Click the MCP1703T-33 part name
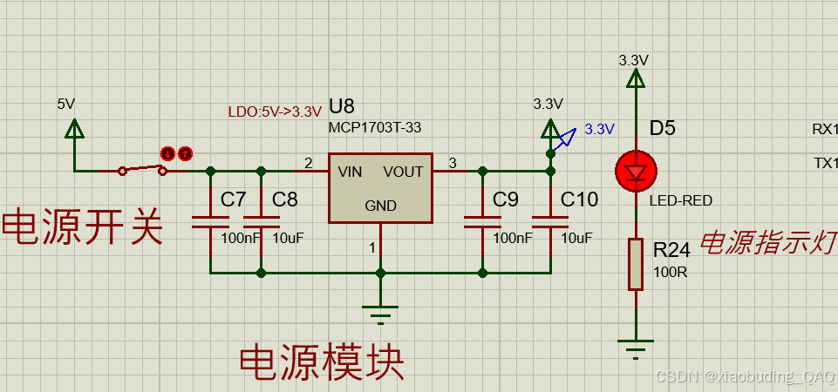pos(375,127)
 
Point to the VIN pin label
pos(351,172)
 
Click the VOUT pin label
pos(403,172)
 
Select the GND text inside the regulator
pos(380,206)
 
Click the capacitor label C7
pos(234,199)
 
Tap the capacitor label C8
pos(285,199)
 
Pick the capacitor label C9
pos(506,199)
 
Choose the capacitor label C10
pos(579,199)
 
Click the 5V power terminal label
pos(66,104)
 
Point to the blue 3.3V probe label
pos(600,129)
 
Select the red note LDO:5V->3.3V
pos(275,112)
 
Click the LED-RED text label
pos(681,200)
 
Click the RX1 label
pos(825,129)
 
